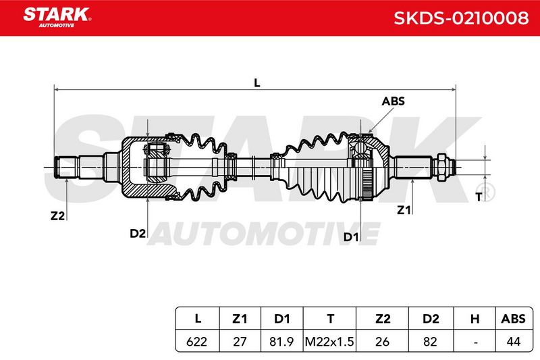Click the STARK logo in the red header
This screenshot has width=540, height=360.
point(57,18)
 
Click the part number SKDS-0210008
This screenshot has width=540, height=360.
point(461,18)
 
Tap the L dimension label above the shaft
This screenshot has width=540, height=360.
point(257,83)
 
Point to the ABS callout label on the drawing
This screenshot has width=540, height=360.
point(393,101)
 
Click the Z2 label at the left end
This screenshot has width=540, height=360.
point(57,216)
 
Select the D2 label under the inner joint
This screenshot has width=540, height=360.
point(138,234)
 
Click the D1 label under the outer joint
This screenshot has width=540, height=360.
point(351,237)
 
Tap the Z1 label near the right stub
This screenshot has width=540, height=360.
point(404,210)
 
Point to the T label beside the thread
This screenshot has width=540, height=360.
point(479,197)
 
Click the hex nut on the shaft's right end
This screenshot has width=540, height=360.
point(441,168)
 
